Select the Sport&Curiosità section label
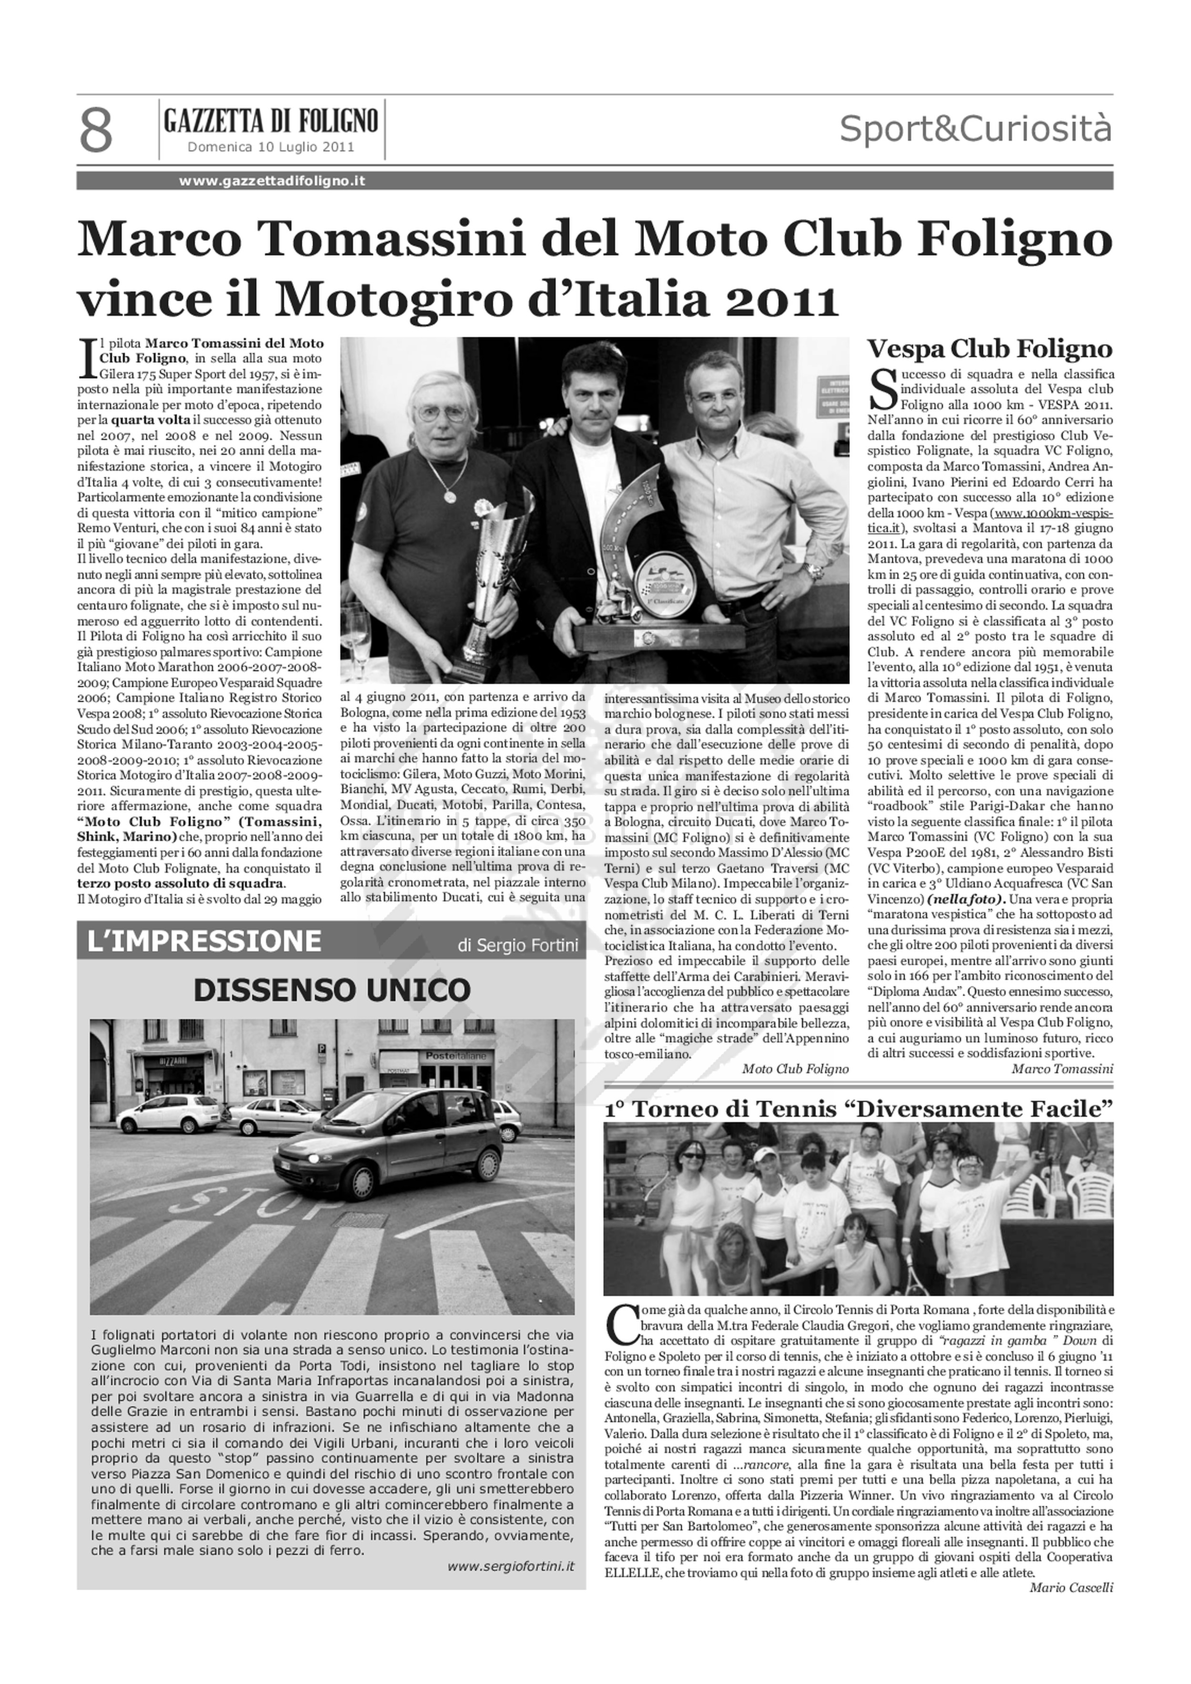tap(975, 129)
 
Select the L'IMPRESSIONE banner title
tap(204, 941)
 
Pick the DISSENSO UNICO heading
tap(332, 990)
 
